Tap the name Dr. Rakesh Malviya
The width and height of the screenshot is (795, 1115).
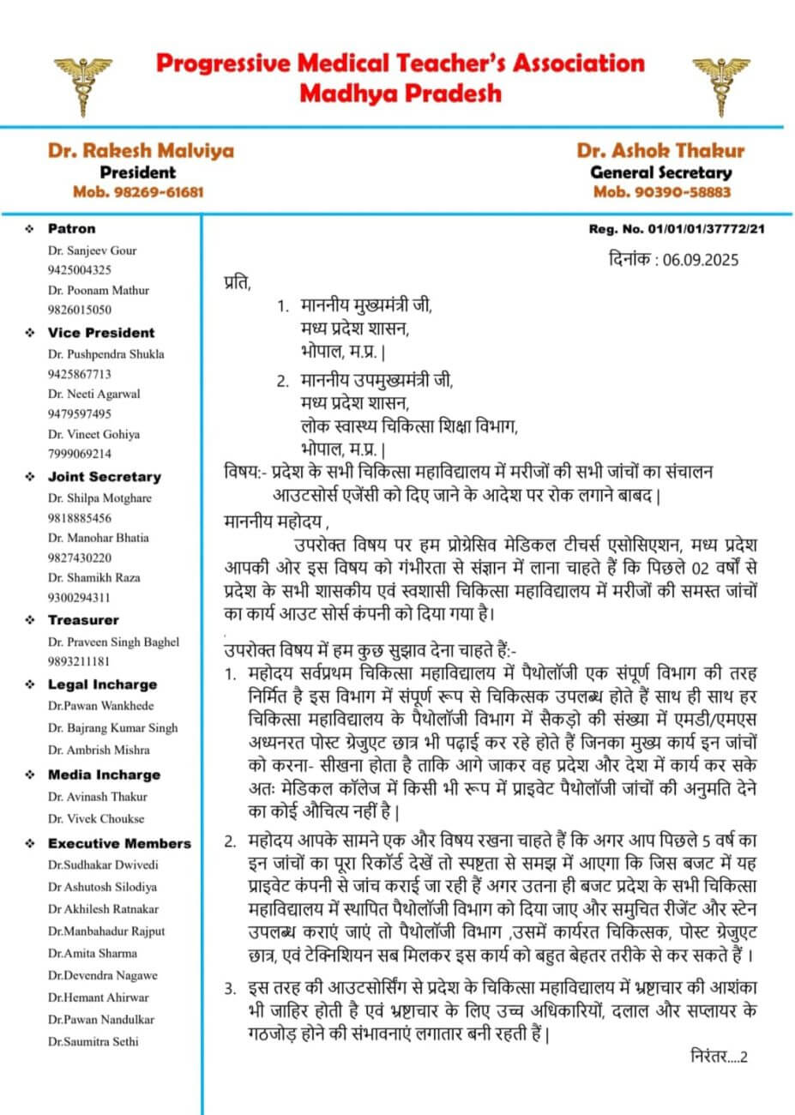coord(141,151)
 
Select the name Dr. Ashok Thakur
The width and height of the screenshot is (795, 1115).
coord(660,151)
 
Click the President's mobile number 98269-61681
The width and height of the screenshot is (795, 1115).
coord(138,192)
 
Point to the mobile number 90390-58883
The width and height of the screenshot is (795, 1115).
coord(662,192)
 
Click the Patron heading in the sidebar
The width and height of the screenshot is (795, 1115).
coord(71,229)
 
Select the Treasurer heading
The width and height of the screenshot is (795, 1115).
coord(83,620)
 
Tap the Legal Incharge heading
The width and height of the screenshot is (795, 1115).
coord(102,684)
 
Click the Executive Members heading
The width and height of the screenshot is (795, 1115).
coord(119,843)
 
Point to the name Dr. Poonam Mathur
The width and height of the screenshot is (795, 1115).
coord(99,290)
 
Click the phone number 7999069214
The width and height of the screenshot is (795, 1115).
coord(80,454)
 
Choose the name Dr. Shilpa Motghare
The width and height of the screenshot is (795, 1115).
coord(100,498)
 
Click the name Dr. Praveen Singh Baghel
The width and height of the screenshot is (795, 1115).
coord(114,642)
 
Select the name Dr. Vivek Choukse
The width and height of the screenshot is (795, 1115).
coord(96,818)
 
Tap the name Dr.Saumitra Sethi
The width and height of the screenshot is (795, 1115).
coord(93,1041)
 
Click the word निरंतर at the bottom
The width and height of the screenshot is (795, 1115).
coord(708,1056)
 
